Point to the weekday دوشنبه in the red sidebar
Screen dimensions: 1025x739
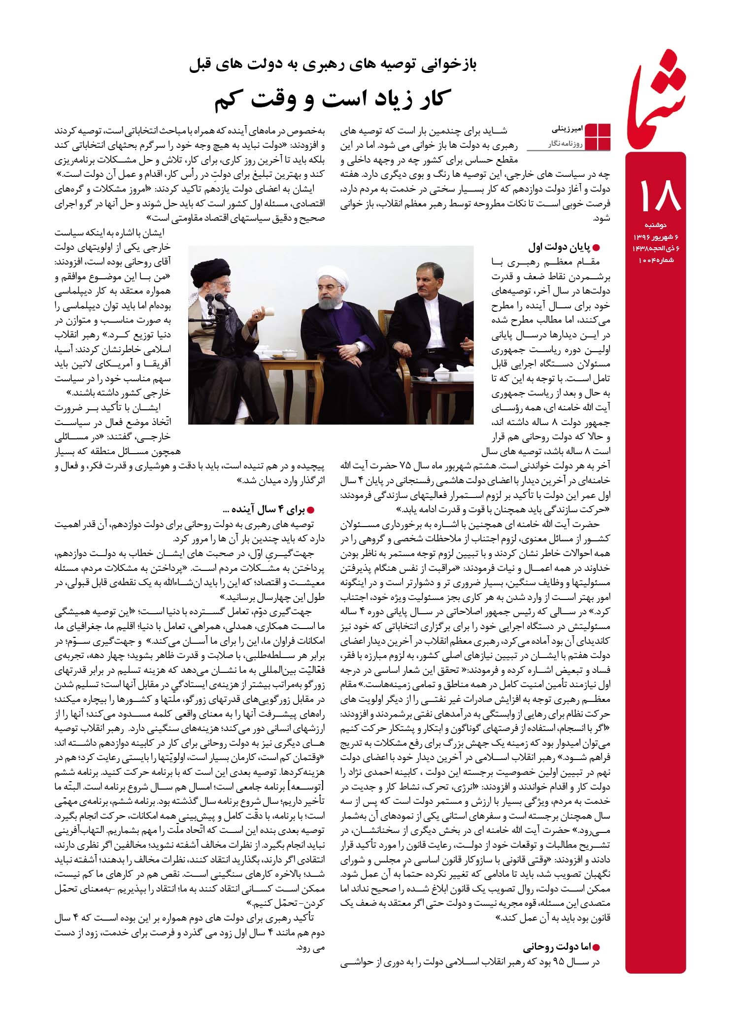coord(656,225)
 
